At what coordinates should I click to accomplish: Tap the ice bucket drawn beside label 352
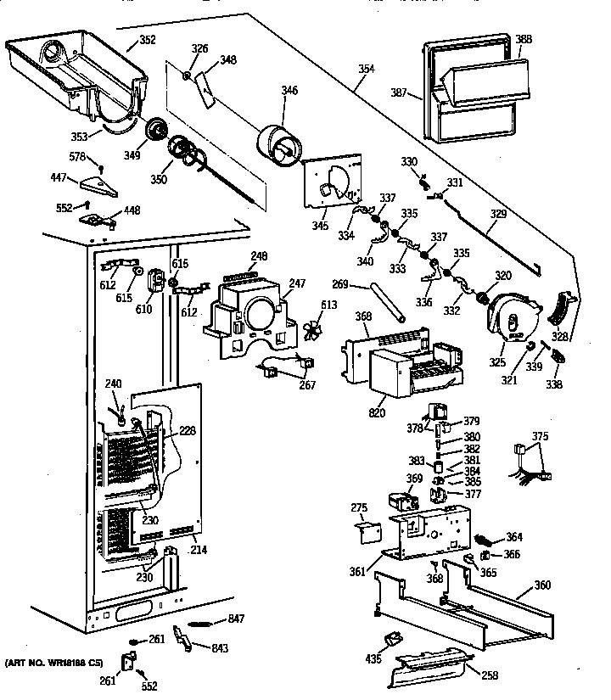click(72, 72)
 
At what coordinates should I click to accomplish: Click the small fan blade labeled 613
click(312, 328)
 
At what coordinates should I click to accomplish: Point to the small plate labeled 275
click(367, 533)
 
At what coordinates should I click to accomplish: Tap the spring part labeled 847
click(204, 622)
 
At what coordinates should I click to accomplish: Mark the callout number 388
click(524, 39)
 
